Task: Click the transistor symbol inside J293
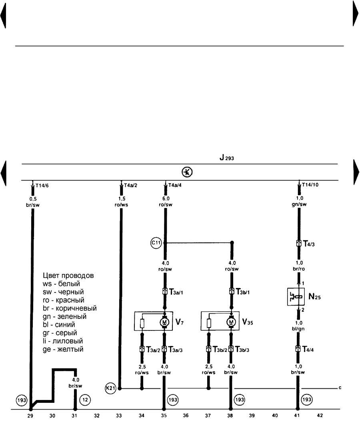tap(187, 172)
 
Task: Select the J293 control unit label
tap(226, 158)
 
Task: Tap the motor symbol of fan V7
tap(164, 322)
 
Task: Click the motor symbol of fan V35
tap(231, 322)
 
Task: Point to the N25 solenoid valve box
tap(296, 297)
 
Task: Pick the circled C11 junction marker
tap(156, 243)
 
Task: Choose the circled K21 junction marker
tap(110, 388)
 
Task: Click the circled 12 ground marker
tap(85, 400)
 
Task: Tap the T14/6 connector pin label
tap(42, 186)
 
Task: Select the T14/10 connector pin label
tap(310, 185)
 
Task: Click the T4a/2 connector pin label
tap(131, 186)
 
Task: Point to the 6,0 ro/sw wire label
tap(166, 202)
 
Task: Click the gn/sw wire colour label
tap(299, 204)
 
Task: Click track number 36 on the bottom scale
tap(186, 416)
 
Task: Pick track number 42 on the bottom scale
tap(320, 416)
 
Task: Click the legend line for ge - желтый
tap(63, 349)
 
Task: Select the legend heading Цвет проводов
tap(68, 276)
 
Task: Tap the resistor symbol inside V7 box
tap(142, 323)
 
